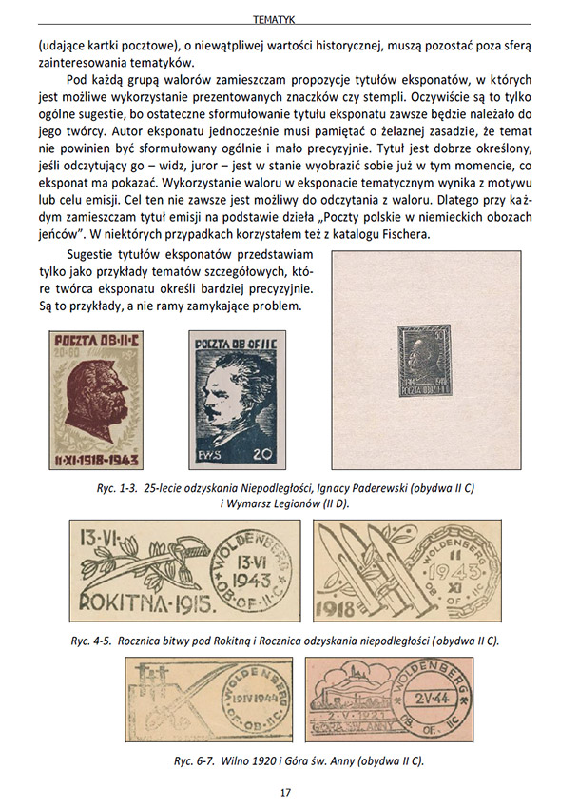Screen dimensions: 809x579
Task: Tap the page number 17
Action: [x=286, y=792]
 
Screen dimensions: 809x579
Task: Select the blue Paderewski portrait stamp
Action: [x=237, y=403]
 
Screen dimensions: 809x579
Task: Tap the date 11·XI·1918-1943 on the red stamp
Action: [x=95, y=461]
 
